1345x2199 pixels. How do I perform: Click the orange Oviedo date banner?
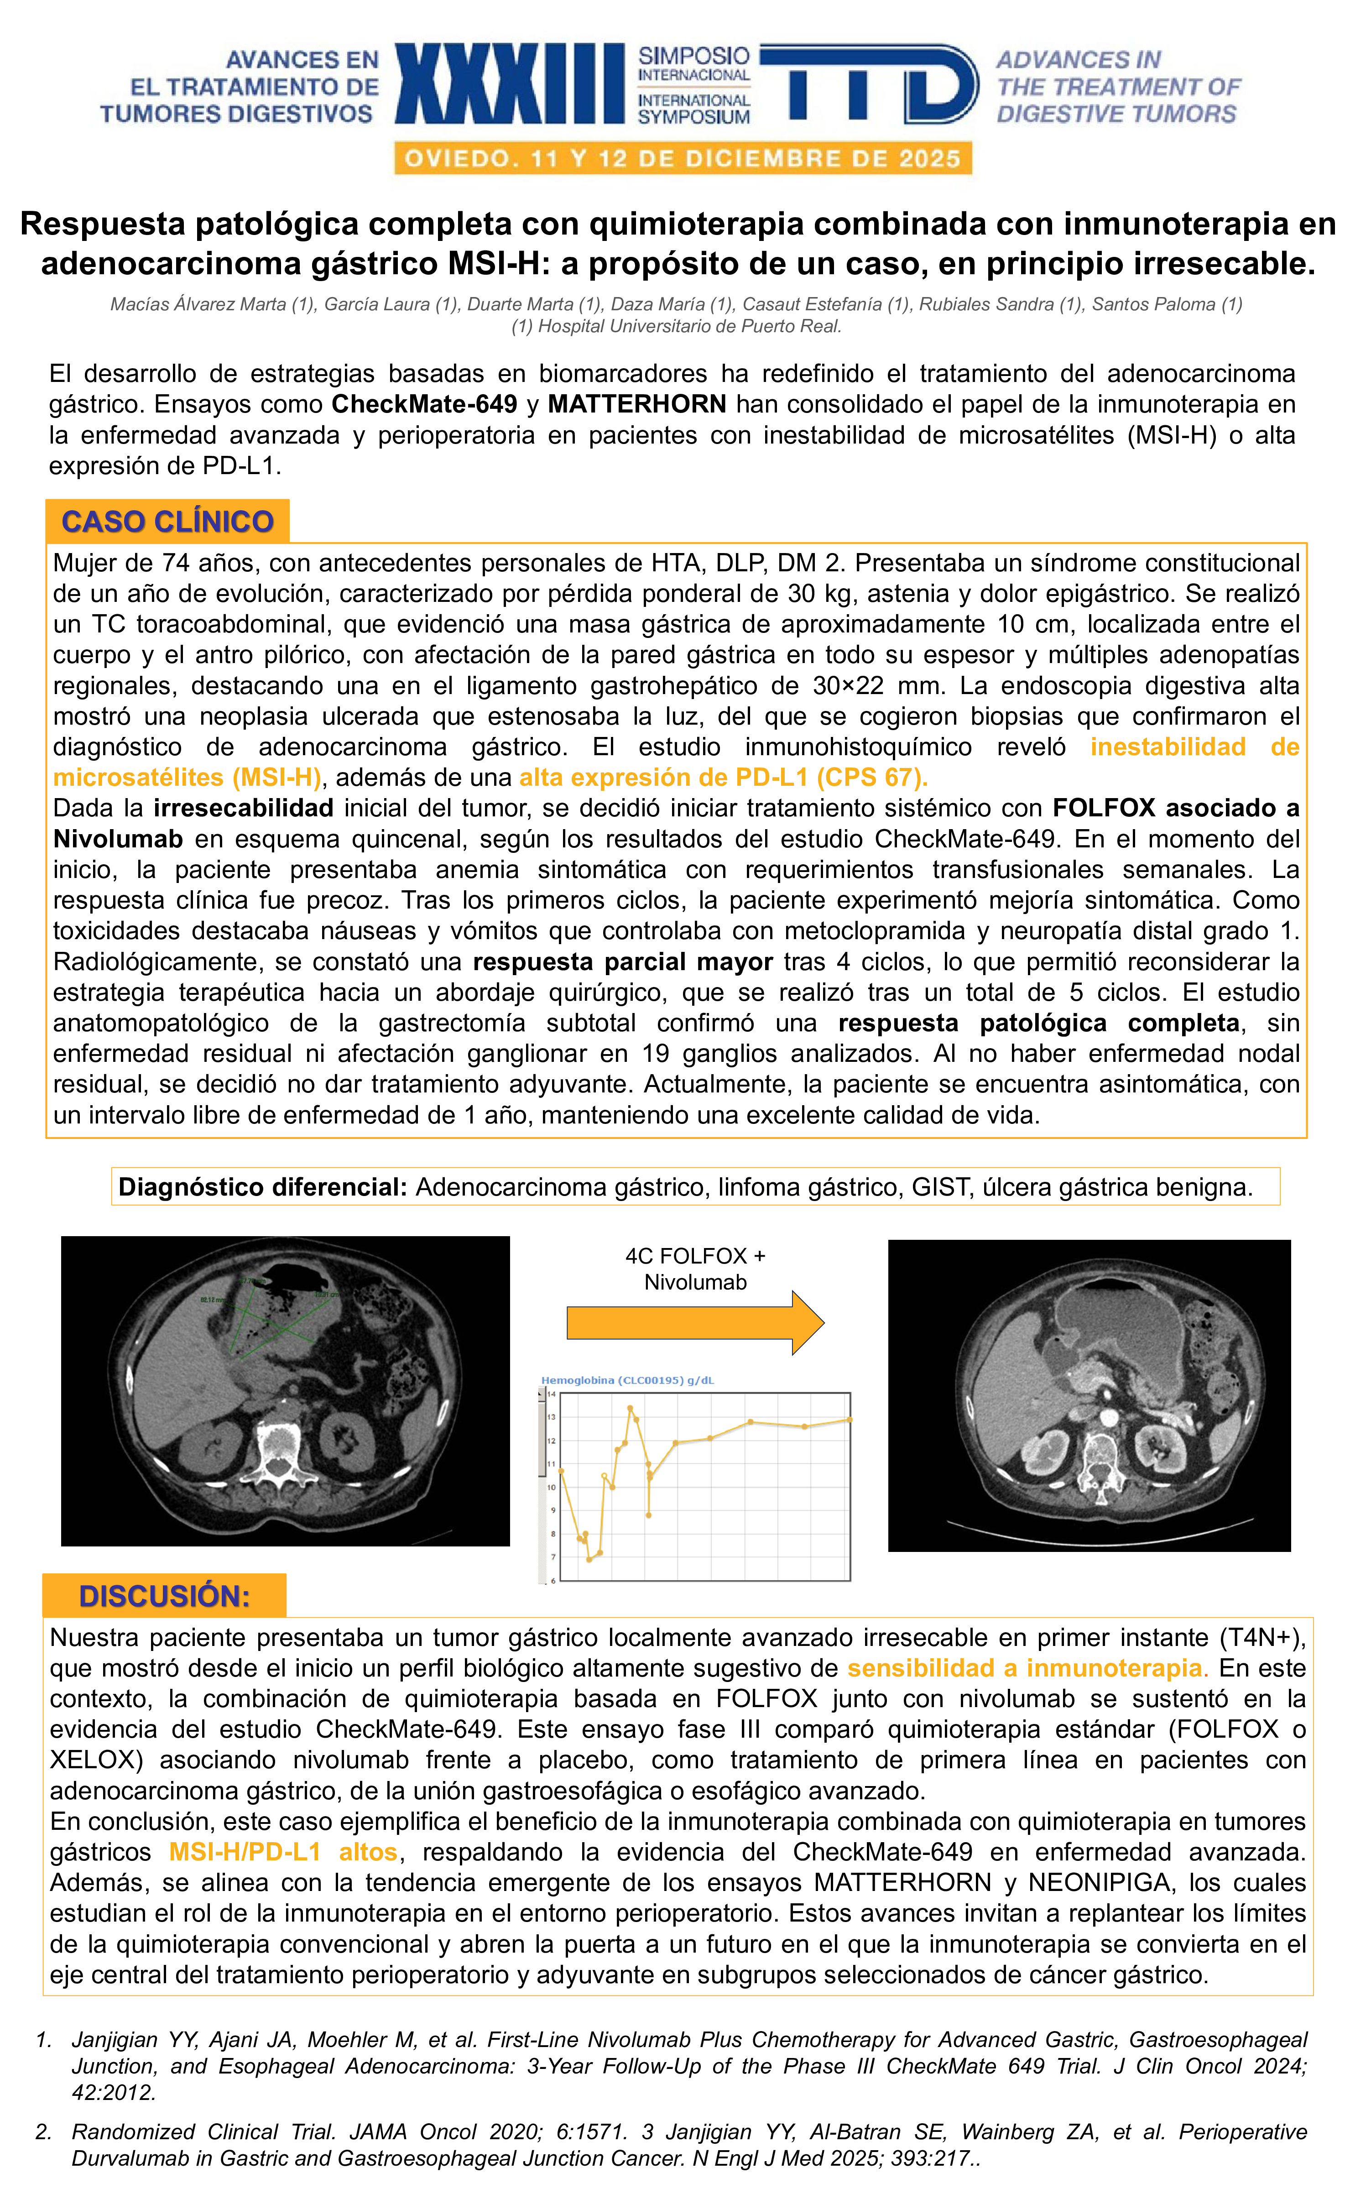[683, 159]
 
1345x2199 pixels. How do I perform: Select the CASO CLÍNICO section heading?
[167, 521]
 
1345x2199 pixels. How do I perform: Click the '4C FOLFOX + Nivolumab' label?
[695, 1268]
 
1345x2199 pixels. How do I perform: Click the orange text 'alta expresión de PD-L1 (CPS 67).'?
[724, 777]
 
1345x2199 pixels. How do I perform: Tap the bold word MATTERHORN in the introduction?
[636, 404]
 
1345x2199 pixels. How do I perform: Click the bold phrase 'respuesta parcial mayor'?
[622, 961]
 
